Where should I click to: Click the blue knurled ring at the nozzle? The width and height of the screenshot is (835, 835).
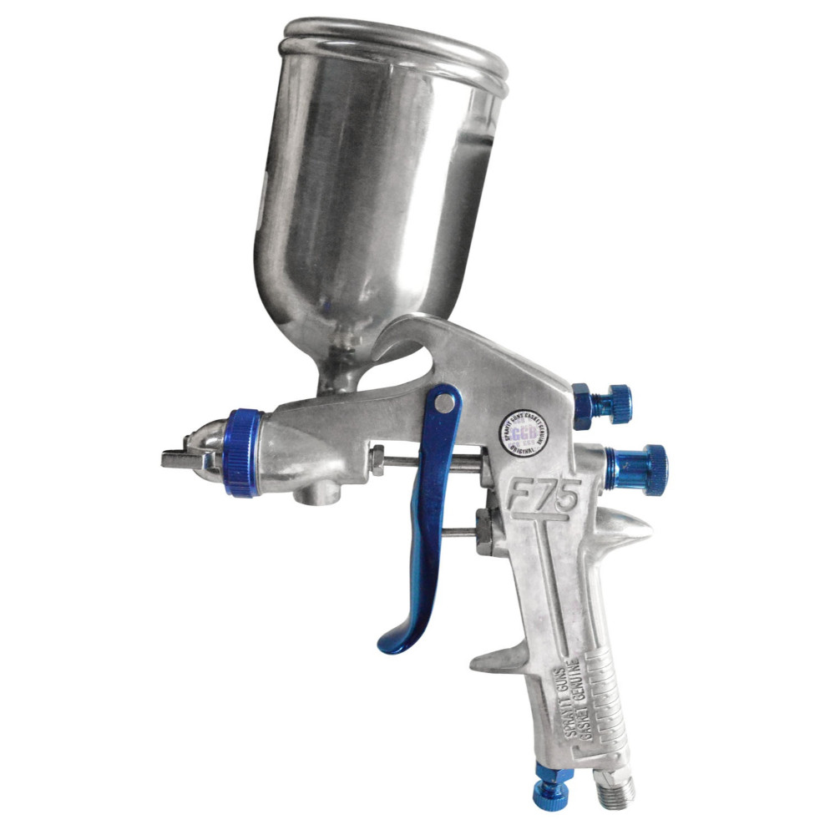[243, 453]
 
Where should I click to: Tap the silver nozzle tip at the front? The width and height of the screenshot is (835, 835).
[185, 457]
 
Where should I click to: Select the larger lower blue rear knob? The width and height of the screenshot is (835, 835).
[639, 460]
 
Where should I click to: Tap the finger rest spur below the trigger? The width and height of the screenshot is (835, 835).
[501, 660]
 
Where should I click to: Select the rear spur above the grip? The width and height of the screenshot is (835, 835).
[622, 526]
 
